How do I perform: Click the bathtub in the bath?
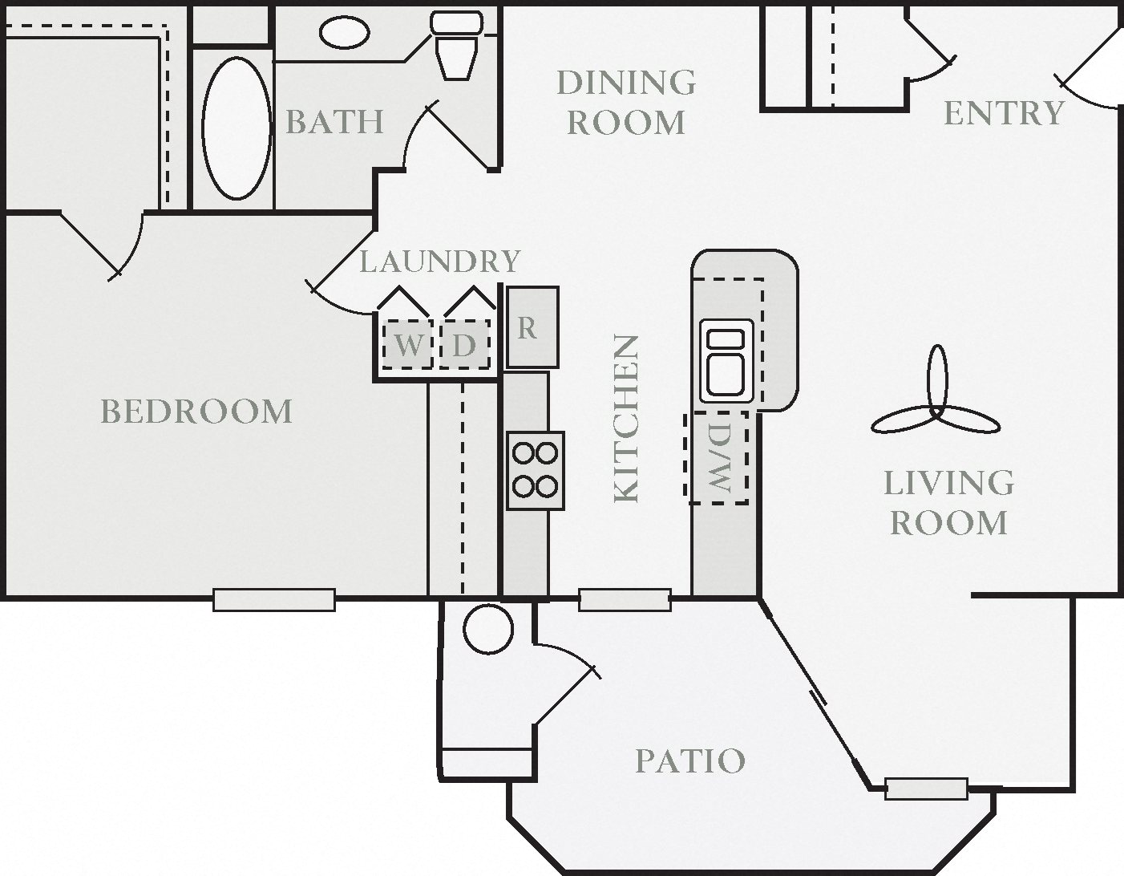[237, 127]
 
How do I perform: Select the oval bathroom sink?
[344, 32]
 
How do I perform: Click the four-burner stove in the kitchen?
[535, 470]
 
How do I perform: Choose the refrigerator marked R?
[532, 328]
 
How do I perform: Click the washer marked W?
[407, 345]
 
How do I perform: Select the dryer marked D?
[464, 345]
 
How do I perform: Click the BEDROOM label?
[196, 412]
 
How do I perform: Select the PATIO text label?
[689, 760]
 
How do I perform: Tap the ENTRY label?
[1004, 113]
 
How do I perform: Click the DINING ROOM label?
[626, 103]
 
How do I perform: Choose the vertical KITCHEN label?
[626, 419]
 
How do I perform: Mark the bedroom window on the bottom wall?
[273, 599]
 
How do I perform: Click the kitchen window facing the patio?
[625, 599]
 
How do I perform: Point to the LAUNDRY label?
[439, 262]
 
